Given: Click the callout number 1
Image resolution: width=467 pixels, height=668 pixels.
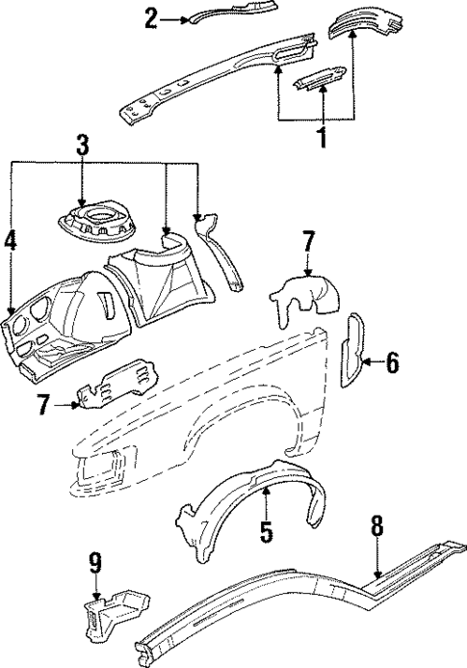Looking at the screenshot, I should (x=322, y=138).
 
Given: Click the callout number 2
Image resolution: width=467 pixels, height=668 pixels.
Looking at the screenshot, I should (x=151, y=17).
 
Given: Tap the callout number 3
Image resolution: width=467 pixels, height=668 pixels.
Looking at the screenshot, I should (x=83, y=146).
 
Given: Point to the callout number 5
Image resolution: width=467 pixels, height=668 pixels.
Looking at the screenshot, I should (x=267, y=529).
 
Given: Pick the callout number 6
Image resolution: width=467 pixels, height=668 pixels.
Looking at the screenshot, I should (x=392, y=363).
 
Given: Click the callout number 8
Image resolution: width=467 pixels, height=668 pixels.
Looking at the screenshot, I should (x=376, y=525).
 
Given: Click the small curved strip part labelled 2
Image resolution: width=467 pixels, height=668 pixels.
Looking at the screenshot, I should (x=221, y=13).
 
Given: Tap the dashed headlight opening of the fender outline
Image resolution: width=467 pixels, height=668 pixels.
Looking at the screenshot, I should (x=101, y=468).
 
